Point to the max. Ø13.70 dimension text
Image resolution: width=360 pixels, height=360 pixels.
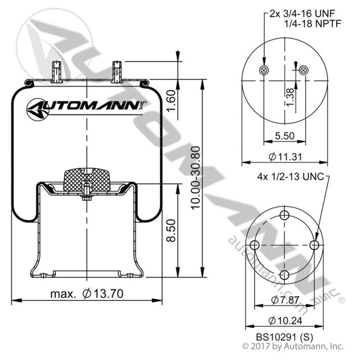click(x=87, y=293)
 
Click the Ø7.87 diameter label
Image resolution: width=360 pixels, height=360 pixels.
click(x=283, y=300)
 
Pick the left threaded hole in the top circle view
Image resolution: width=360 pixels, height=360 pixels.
click(x=263, y=69)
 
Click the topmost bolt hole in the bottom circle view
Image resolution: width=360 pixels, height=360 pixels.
click(x=283, y=215)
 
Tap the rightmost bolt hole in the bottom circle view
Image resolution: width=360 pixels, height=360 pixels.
click(x=314, y=245)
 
